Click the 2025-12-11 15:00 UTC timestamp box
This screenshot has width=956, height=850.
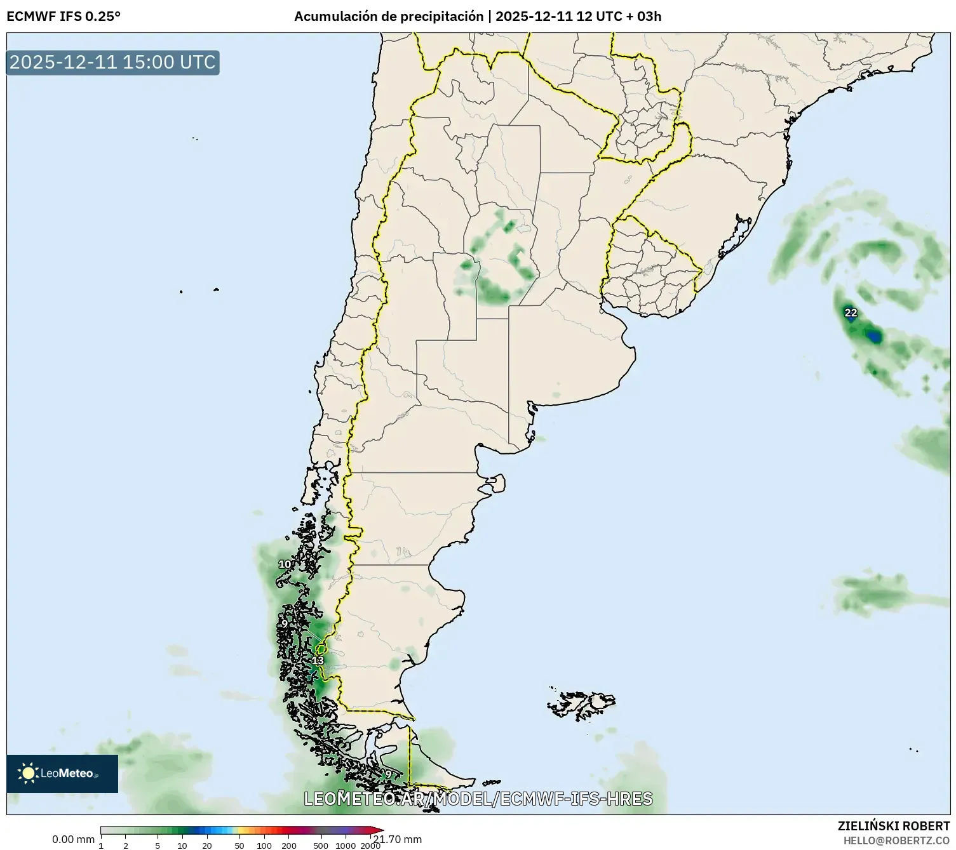coord(112,62)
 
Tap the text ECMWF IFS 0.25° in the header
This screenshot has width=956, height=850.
coord(63,17)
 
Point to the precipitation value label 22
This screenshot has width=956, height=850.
coord(851,312)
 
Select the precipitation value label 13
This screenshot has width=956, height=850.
coord(318,661)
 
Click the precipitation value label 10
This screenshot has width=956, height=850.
coord(285,564)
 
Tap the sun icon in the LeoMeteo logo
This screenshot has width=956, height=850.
coord(28,773)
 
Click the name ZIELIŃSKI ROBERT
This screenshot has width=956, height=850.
coord(894,826)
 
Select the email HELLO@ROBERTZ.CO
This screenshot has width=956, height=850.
coord(896,840)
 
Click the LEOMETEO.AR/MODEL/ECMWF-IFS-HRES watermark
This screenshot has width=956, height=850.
coord(478,799)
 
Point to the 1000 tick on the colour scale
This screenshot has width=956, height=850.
coord(346,845)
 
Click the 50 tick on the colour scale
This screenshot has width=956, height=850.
coord(239,845)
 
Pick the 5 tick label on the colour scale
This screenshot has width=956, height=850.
coord(158,845)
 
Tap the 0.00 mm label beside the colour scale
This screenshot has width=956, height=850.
coord(73,840)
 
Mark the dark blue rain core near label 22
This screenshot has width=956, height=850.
coord(875,336)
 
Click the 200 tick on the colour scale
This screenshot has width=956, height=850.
coord(288,845)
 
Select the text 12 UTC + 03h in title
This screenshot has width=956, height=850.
coord(619,17)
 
